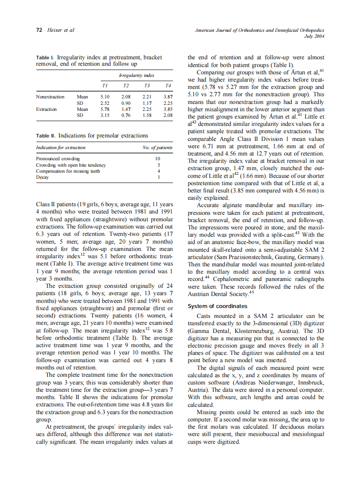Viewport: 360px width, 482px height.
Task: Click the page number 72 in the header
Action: tap(38, 31)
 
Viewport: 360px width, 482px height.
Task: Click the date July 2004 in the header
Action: tap(314, 36)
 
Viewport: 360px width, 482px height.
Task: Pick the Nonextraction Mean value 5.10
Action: tap(105, 97)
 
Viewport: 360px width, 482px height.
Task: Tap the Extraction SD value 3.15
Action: tap(105, 115)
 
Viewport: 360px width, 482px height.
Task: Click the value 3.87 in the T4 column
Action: tap(168, 97)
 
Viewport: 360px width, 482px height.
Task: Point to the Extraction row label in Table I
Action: tap(46, 109)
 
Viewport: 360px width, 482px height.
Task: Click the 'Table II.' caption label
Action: tap(46, 136)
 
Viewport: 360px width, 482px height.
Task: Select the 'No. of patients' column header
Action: tap(157, 147)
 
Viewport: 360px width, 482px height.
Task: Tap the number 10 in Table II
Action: tap(157, 159)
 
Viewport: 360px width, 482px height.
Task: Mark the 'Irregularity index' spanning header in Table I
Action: tap(137, 76)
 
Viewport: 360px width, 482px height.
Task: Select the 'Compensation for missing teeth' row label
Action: tap(68, 171)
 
